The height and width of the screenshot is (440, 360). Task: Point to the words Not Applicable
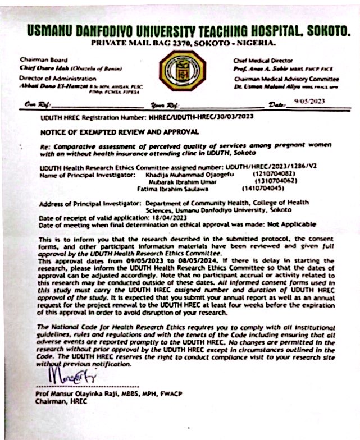289,224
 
